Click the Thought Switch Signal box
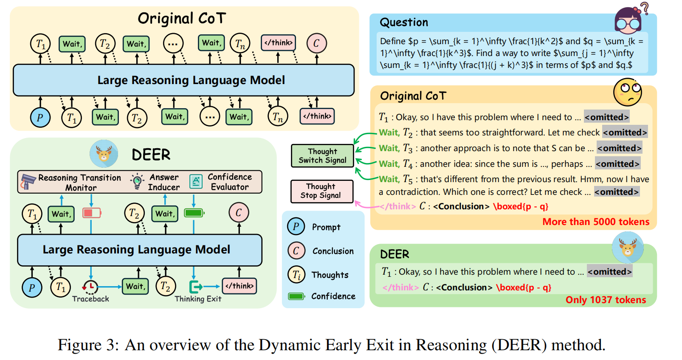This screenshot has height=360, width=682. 322,156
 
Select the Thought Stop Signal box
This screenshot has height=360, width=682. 321,191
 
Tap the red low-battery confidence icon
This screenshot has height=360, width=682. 92,213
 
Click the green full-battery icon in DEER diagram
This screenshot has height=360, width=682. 194,213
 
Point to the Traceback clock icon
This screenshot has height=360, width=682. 90,287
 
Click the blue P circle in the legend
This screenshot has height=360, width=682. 296,227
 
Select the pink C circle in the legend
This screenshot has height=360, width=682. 296,251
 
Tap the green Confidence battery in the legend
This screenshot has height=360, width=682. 296,296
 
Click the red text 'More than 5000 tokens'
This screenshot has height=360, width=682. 595,222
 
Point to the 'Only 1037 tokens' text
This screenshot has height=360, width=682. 606,300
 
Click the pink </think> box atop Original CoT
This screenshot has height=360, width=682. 278,43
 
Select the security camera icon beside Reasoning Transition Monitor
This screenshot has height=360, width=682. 28,182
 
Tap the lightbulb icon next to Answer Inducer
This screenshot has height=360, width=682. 137,181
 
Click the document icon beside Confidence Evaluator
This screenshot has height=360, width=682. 196,182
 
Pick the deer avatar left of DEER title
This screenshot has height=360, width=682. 104,154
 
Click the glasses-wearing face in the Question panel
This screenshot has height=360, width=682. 628,20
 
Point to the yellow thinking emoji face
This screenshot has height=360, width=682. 627,92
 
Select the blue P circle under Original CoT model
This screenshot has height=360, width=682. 40,118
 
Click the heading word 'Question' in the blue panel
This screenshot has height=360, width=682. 403,22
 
